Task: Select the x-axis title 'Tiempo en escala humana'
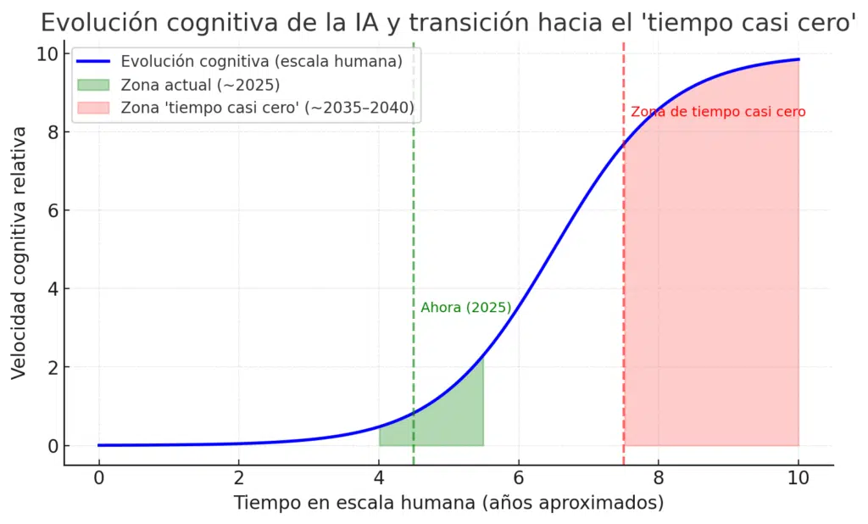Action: pyautogui.click(x=448, y=503)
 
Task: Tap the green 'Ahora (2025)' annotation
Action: pyautogui.click(x=466, y=308)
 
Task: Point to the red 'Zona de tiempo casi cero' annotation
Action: pyautogui.click(x=718, y=112)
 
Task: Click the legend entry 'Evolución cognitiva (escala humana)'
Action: pyautogui.click(x=260, y=61)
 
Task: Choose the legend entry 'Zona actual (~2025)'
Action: pyautogui.click(x=200, y=84)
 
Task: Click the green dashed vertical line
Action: pyautogui.click(x=414, y=212)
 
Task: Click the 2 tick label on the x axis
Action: pyautogui.click(x=239, y=477)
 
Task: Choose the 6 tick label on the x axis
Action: pyautogui.click(x=519, y=477)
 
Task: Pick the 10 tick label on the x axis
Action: pyautogui.click(x=798, y=477)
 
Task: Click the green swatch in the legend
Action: pyautogui.click(x=93, y=84)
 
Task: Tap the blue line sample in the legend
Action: pyautogui.click(x=93, y=61)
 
